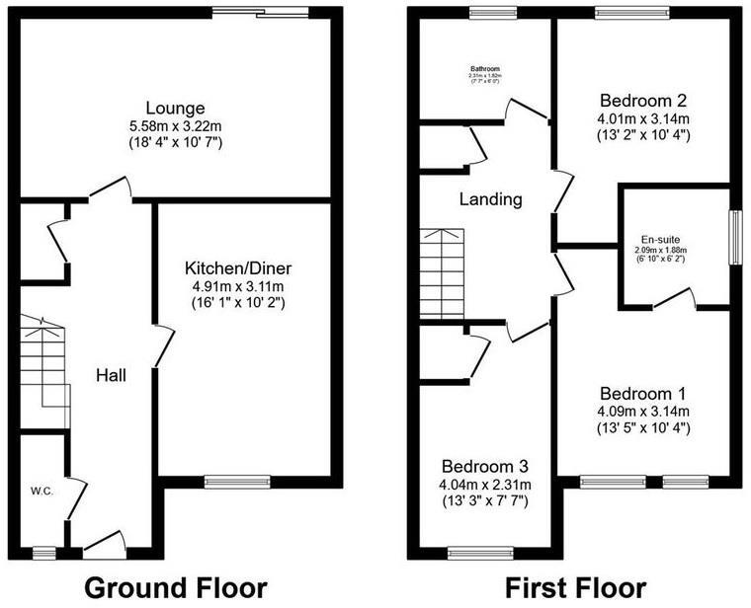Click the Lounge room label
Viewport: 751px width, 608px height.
pyautogui.click(x=175, y=108)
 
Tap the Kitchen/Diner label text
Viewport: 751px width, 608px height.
pyautogui.click(x=237, y=268)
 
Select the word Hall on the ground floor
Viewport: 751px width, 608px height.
pyautogui.click(x=111, y=375)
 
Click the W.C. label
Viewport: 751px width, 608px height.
pyautogui.click(x=41, y=490)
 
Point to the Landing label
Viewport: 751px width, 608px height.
pyautogui.click(x=491, y=199)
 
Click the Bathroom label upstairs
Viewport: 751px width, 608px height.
pyautogui.click(x=484, y=69)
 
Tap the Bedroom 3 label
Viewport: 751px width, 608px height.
pyautogui.click(x=485, y=466)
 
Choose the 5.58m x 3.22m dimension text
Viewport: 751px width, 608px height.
pyautogui.click(x=175, y=126)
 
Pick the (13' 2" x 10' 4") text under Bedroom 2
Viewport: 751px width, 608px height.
pyautogui.click(x=645, y=135)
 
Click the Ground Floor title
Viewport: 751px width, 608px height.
pyautogui.click(x=175, y=588)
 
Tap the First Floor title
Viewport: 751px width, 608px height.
pyautogui.click(x=577, y=588)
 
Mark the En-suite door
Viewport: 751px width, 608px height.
pyautogui.click(x=675, y=299)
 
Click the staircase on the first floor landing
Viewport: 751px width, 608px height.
pyautogui.click(x=441, y=273)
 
